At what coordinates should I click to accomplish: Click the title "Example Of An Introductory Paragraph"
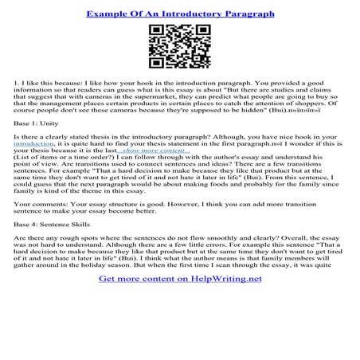click(180, 14)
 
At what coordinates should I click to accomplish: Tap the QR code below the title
click(179, 47)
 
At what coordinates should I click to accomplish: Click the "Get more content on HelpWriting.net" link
click(179, 347)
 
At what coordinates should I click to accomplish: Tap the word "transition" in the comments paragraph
click(307, 238)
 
